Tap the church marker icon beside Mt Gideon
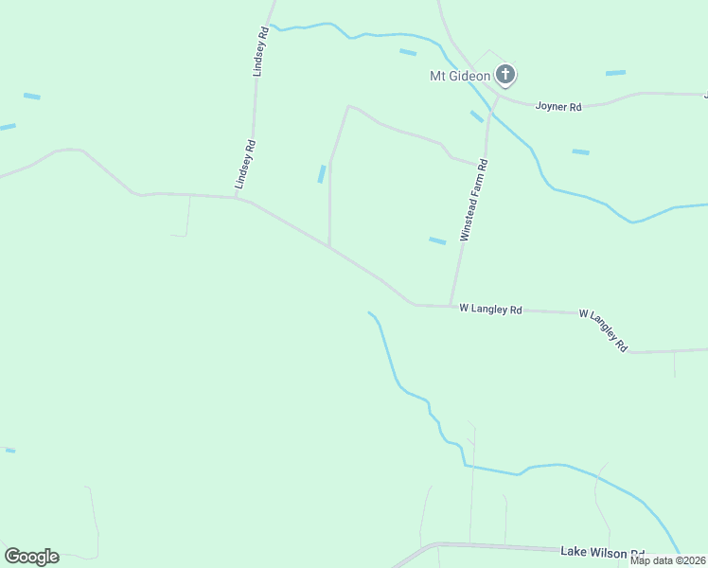click(x=506, y=75)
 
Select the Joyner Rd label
click(x=558, y=107)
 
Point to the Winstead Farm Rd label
click(x=474, y=201)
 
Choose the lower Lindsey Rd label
click(x=246, y=164)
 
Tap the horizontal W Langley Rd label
click(x=490, y=309)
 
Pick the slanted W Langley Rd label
click(x=603, y=329)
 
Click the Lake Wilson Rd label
click(x=602, y=552)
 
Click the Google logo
click(x=31, y=557)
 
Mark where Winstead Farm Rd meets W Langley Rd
click(x=451, y=306)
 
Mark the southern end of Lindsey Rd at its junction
click(x=237, y=198)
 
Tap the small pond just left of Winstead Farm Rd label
click(x=437, y=240)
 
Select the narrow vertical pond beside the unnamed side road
click(x=322, y=174)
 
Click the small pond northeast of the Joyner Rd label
click(x=615, y=73)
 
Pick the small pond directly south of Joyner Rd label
click(x=580, y=151)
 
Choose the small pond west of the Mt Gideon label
click(x=408, y=52)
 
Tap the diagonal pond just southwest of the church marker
click(x=477, y=116)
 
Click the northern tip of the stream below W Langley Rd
click(x=370, y=312)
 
